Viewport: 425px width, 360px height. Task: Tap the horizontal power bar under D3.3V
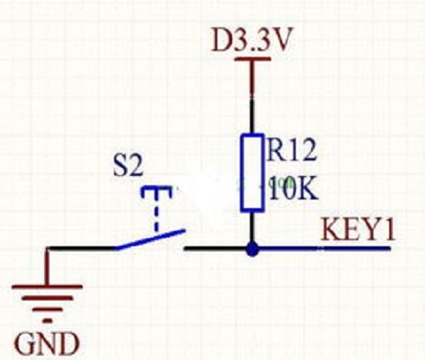click(x=252, y=59)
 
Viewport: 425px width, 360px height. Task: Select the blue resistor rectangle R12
click(x=252, y=172)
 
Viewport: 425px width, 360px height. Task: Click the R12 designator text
click(x=291, y=150)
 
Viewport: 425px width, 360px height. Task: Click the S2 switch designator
click(x=127, y=166)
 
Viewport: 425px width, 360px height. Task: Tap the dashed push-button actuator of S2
click(x=156, y=208)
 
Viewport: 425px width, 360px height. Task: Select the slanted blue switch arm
click(x=150, y=240)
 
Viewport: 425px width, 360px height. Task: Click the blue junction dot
click(x=252, y=249)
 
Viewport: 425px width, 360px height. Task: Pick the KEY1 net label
click(x=358, y=229)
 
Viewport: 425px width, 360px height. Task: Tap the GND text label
click(x=47, y=344)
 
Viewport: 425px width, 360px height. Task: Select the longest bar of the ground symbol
click(x=47, y=286)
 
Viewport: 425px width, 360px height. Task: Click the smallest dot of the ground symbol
click(x=47, y=321)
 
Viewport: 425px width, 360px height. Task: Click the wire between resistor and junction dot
click(x=252, y=227)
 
